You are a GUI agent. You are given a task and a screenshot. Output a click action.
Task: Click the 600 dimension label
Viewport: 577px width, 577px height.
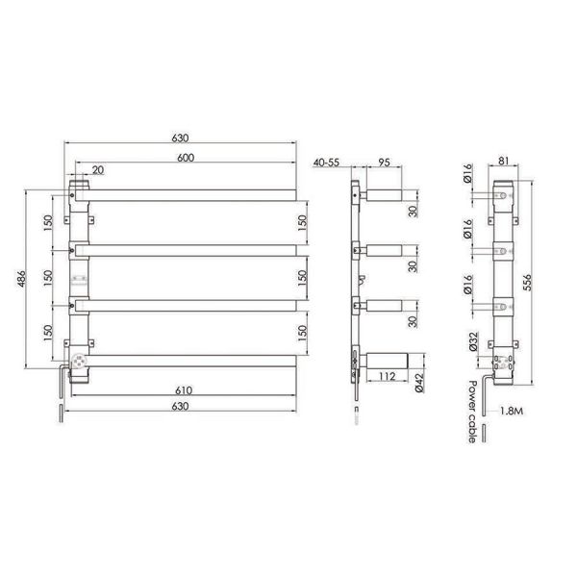[186, 158]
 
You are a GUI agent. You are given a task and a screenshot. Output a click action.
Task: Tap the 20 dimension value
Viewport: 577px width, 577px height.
[98, 170]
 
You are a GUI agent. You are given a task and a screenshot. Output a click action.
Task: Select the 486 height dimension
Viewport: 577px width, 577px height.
[22, 279]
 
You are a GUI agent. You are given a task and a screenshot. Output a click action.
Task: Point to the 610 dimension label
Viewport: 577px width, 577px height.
[184, 390]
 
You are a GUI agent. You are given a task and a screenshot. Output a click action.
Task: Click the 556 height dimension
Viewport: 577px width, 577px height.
[527, 282]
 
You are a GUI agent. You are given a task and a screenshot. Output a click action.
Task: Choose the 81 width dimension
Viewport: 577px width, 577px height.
[503, 161]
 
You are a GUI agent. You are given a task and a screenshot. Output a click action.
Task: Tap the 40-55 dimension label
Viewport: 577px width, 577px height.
[326, 163]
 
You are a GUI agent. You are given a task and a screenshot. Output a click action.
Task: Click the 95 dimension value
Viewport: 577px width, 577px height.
[384, 163]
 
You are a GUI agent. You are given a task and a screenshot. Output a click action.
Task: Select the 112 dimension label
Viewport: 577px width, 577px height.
[387, 376]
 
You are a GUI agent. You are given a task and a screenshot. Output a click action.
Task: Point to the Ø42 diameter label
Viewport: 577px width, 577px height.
[419, 383]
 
